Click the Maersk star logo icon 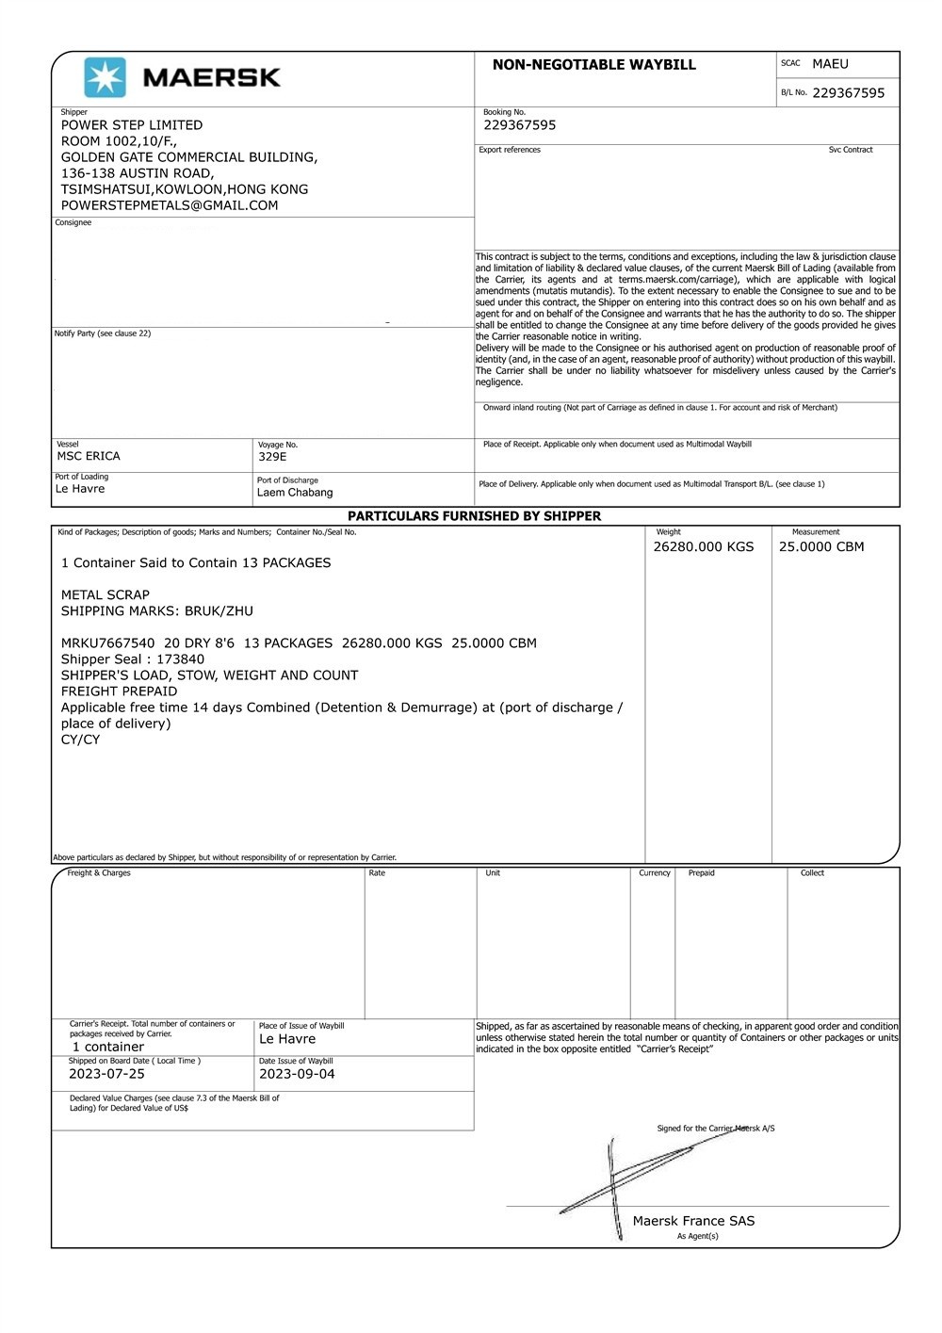tap(105, 77)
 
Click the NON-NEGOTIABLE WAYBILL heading tap(593, 65)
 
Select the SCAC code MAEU tap(830, 64)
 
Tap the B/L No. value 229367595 tap(848, 93)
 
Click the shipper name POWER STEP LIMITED tap(132, 125)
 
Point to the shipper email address tap(170, 205)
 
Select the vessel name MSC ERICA tap(89, 457)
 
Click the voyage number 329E tap(272, 457)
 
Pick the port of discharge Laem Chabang tap(295, 493)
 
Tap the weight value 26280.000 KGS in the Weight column tap(704, 547)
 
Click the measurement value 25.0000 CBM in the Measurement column tap(821, 547)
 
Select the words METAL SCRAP tap(106, 595)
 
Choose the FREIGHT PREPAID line tap(119, 691)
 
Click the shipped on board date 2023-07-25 tap(106, 1074)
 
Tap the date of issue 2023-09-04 tap(297, 1074)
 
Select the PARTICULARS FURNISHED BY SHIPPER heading tap(474, 516)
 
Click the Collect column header tap(812, 873)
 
